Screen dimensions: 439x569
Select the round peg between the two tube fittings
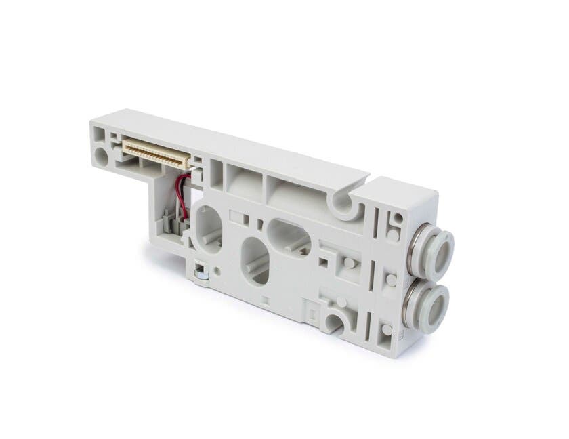tap(392, 279)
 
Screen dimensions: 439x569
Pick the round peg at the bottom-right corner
tap(386, 329)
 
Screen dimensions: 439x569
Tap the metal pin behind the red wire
tap(192, 181)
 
